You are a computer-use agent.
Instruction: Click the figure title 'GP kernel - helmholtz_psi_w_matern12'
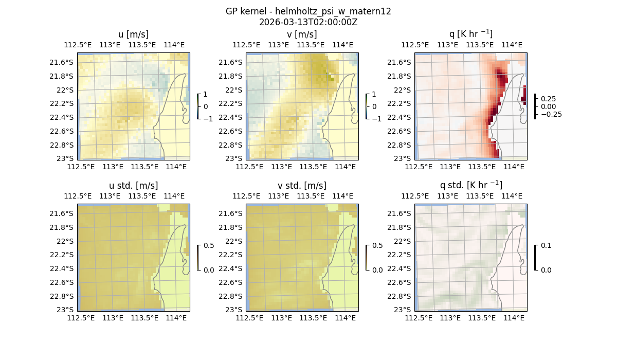point(308,11)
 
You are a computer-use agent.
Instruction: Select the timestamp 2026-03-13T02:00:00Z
point(308,22)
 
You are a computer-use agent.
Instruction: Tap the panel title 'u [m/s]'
point(134,34)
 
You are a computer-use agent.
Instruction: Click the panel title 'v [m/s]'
point(302,34)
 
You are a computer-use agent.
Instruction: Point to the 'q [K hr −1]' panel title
point(471,34)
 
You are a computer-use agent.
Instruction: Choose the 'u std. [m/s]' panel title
point(134,186)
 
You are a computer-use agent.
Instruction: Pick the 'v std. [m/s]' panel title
point(302,186)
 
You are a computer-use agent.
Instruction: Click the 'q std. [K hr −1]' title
point(471,185)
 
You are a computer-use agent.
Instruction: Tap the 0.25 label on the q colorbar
point(549,99)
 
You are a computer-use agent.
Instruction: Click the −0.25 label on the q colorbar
point(551,114)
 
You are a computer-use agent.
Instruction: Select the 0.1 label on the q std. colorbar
point(546,245)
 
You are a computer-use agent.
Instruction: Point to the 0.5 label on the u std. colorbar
point(208,245)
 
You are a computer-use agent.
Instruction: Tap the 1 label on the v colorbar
point(374,95)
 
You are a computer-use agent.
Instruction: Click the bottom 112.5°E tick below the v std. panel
point(248,318)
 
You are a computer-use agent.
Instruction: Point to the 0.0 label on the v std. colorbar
point(377,269)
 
